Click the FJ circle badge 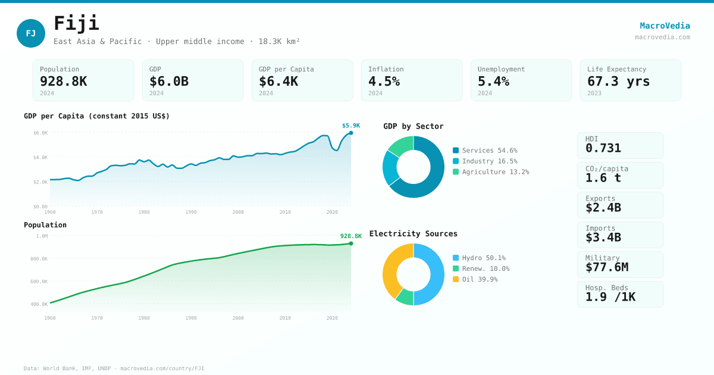pos(31,33)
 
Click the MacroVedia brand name pos(665,26)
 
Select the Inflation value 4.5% pos(384,81)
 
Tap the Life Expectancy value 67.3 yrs pos(618,81)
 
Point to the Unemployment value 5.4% pos(493,81)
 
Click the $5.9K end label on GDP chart pos(351,126)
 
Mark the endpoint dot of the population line pos(351,243)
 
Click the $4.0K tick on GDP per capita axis pos(40,158)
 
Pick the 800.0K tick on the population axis pos(39,259)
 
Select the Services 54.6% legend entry pos(485,151)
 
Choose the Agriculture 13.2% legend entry pos(491,172)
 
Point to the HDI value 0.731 pos(603,148)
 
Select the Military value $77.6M pos(606,267)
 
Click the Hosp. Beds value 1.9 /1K pos(610,297)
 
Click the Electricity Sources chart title pos(414,233)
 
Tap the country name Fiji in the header pos(76,23)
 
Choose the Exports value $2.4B pos(603,208)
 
